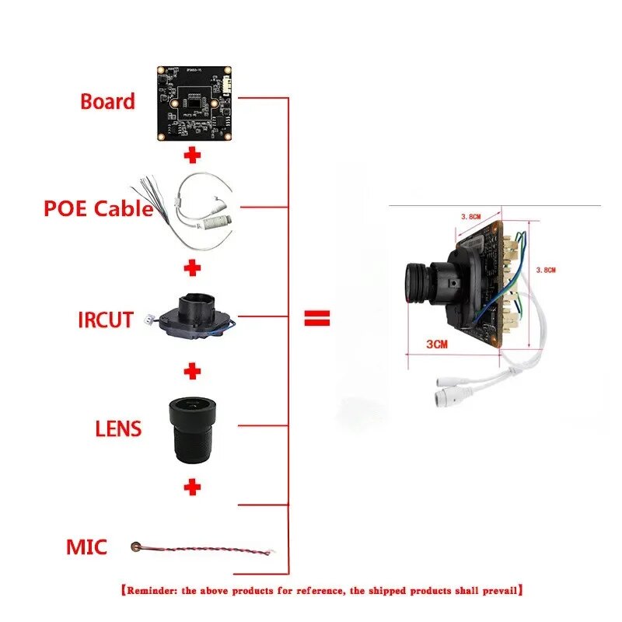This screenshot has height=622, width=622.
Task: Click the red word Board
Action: pyautogui.click(x=107, y=101)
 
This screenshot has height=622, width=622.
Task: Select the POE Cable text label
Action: pyautogui.click(x=98, y=208)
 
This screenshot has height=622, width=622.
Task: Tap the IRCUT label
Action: pyautogui.click(x=105, y=320)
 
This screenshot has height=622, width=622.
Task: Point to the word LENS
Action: pyautogui.click(x=118, y=428)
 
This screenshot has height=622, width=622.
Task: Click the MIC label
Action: pyautogui.click(x=86, y=547)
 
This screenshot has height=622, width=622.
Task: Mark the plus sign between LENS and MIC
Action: pyautogui.click(x=192, y=487)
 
